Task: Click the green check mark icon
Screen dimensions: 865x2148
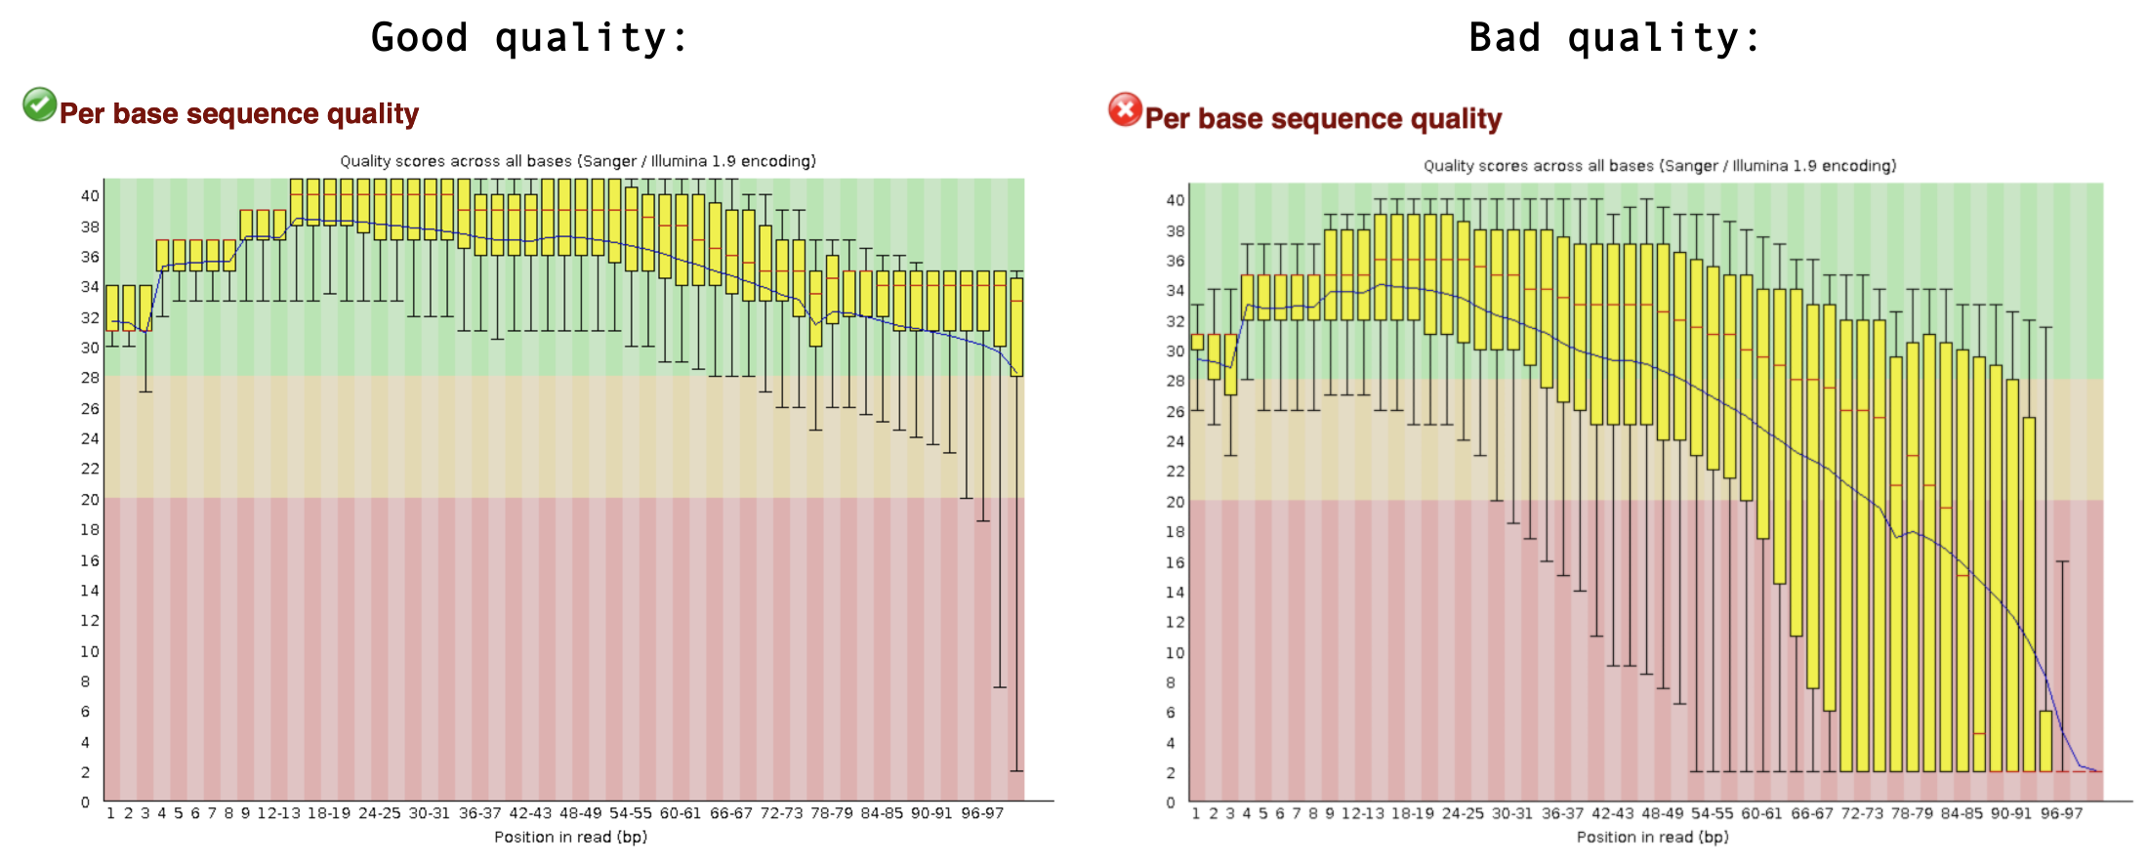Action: click(39, 103)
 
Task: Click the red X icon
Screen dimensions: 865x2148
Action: click(1125, 109)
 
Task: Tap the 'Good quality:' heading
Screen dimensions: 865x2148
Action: click(529, 38)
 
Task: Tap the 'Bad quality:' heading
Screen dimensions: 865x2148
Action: click(1615, 38)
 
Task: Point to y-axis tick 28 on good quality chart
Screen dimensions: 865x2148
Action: click(90, 378)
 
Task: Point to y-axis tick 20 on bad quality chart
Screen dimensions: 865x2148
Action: click(1176, 502)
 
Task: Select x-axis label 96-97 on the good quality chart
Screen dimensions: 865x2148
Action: click(982, 813)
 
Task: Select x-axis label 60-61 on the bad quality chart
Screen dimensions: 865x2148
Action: click(1761, 813)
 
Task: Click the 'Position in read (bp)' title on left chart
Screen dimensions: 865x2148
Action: click(570, 837)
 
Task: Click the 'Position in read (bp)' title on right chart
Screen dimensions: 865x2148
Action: click(1652, 837)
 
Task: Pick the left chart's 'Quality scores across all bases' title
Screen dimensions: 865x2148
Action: click(578, 161)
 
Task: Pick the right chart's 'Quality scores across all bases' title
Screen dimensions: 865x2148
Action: click(1660, 166)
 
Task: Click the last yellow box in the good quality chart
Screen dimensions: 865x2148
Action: click(1016, 327)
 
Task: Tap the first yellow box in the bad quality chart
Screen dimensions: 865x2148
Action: click(1197, 342)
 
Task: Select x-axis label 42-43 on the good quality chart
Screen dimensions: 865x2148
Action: click(530, 813)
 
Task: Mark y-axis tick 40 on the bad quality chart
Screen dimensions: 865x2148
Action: click(1176, 200)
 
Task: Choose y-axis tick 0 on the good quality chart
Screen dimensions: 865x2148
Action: click(86, 803)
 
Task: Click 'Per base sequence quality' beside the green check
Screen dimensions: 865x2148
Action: click(239, 114)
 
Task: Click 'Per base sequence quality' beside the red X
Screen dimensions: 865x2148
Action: click(1323, 119)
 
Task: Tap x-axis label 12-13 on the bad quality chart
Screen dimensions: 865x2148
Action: click(1362, 813)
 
